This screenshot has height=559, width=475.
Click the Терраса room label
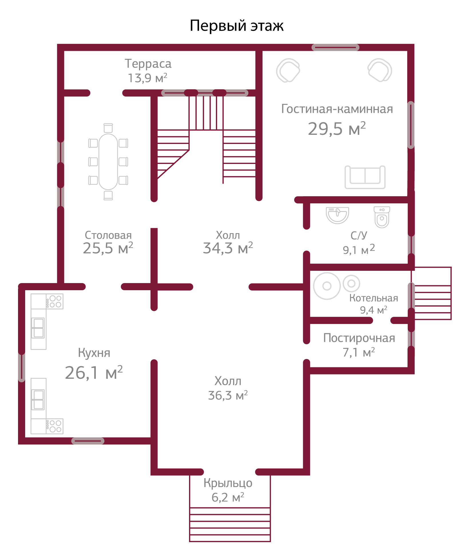click(148, 64)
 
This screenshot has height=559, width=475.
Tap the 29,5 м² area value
click(337, 129)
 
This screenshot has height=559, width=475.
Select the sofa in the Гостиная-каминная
click(365, 177)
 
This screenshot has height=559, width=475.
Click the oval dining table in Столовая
click(108, 162)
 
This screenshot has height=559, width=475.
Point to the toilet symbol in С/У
click(382, 217)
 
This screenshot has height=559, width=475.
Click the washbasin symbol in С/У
click(337, 215)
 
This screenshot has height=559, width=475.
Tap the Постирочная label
click(359, 338)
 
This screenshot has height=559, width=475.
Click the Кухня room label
click(94, 353)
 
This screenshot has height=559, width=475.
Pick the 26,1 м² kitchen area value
click(94, 373)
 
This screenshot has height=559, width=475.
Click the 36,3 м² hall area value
click(228, 396)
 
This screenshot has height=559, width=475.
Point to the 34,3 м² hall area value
click(228, 248)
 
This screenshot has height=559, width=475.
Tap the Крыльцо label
click(228, 483)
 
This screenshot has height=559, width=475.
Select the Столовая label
click(108, 235)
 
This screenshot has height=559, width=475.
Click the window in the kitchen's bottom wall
click(88, 441)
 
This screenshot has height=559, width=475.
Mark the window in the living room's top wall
click(335, 47)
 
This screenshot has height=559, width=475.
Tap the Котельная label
click(373, 298)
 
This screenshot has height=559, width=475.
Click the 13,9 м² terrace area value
click(147, 78)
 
